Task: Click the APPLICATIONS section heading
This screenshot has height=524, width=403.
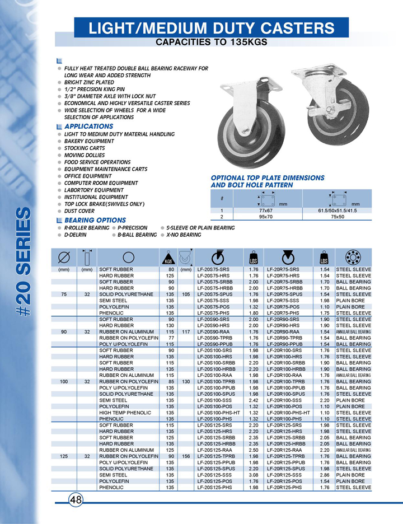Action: tap(88, 127)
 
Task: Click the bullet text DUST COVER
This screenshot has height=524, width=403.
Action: tap(79, 211)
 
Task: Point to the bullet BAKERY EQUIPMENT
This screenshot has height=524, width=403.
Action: tap(89, 141)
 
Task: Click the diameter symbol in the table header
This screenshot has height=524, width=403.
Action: tap(63, 257)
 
